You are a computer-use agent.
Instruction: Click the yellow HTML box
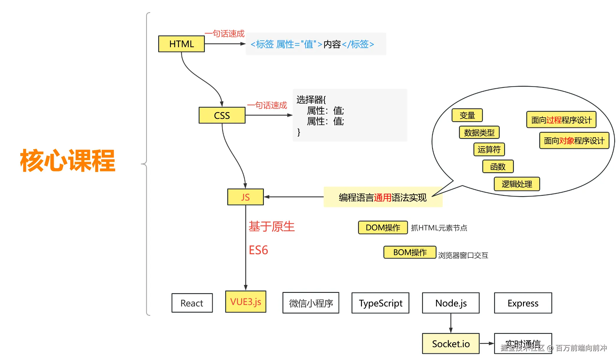(x=181, y=44)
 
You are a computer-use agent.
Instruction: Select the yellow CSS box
(x=222, y=115)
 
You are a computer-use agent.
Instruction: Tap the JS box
(x=245, y=197)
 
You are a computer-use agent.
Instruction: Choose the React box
(x=192, y=303)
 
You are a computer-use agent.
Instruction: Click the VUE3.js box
(x=246, y=302)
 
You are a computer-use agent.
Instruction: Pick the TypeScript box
(x=380, y=303)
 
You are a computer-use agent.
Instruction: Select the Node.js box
(x=451, y=303)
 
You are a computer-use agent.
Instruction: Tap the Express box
(x=523, y=303)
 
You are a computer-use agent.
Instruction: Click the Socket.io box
(x=451, y=344)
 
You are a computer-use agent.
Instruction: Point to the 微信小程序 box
(x=311, y=303)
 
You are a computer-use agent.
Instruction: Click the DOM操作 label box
(x=383, y=227)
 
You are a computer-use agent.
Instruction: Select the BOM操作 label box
(x=410, y=252)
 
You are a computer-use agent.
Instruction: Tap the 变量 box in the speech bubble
(x=467, y=115)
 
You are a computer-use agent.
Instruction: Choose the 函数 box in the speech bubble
(x=498, y=167)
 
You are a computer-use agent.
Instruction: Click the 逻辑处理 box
(x=517, y=184)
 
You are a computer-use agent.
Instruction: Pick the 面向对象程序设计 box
(x=574, y=141)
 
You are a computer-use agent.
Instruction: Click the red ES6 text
(x=258, y=250)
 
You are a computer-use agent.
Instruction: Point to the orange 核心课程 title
(x=68, y=161)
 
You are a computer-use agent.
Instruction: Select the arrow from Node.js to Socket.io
(x=451, y=323)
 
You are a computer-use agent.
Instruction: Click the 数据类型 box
(x=479, y=132)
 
